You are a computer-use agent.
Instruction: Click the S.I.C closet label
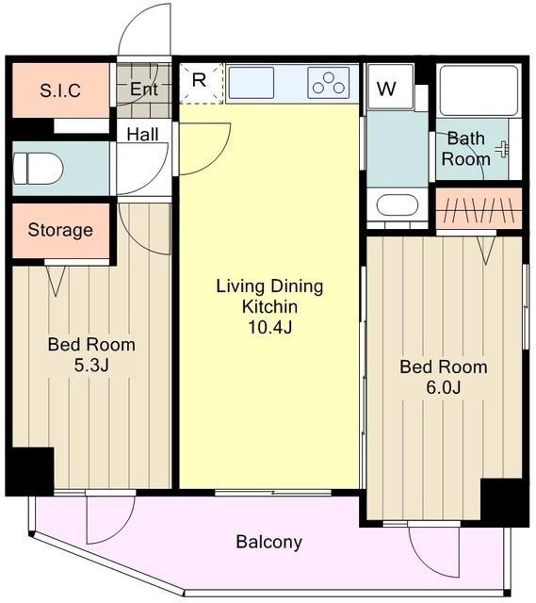pos(60,90)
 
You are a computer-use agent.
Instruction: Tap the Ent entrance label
pos(144,89)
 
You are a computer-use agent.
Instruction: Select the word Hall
pos(142,134)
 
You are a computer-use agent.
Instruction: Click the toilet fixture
pos(38,169)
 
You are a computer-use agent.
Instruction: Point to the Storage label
pos(60,230)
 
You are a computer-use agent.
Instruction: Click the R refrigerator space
pos(202,84)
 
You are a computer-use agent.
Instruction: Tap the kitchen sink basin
pos(252,83)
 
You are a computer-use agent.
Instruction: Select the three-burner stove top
pos(329,83)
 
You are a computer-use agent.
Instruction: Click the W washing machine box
pos(391,87)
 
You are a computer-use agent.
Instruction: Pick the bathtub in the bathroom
pos(479,90)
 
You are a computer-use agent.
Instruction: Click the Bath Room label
pos(465,149)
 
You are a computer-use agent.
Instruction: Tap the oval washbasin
pos(398,204)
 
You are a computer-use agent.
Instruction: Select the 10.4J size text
pos(270,327)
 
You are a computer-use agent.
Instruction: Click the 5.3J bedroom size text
pos(91,365)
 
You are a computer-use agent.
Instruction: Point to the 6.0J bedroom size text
pos(444,387)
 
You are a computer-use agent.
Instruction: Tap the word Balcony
pos(269,542)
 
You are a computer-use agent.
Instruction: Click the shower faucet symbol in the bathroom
pos(503,149)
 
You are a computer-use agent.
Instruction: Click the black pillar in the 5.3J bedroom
pos(30,471)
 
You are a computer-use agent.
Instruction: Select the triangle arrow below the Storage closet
pos(56,281)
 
